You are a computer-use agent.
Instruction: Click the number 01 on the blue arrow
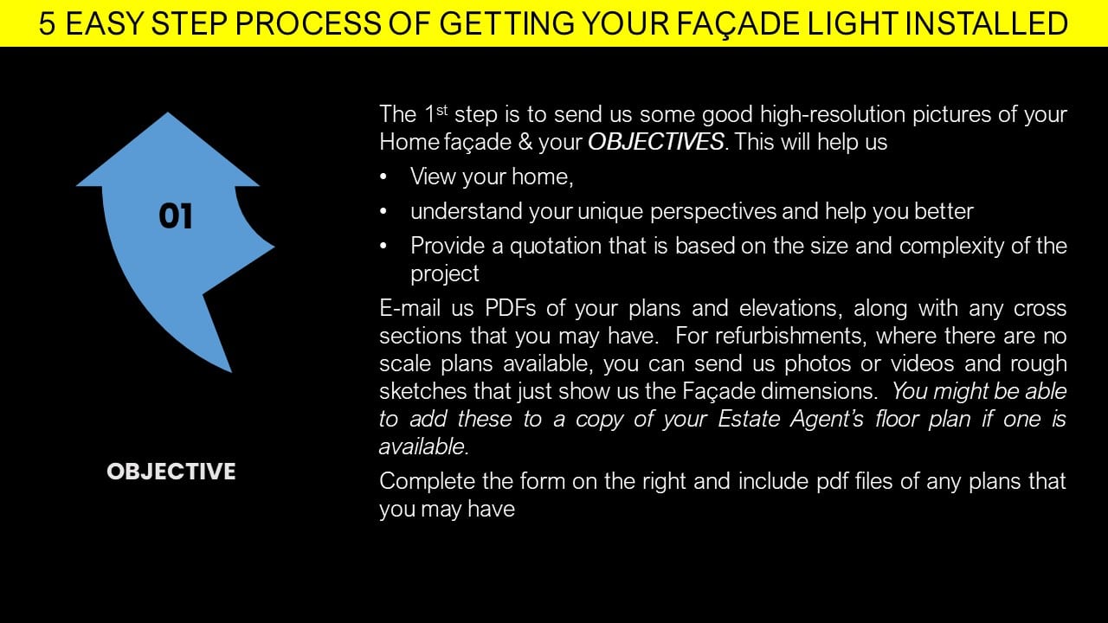[x=176, y=216]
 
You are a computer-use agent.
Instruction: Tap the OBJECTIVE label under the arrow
[x=171, y=472]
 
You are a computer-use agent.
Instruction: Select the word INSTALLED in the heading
[x=986, y=23]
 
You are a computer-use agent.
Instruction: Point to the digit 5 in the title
[x=47, y=23]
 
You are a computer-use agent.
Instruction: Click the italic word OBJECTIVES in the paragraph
[x=656, y=142]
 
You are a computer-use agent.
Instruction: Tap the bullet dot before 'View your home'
[x=383, y=177]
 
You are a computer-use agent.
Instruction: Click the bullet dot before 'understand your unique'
[x=383, y=211]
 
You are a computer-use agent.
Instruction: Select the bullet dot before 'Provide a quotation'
[x=383, y=246]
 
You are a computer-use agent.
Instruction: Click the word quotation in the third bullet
[x=556, y=247]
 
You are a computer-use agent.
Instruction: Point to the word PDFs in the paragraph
[x=511, y=308]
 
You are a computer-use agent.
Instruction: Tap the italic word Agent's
[x=827, y=420]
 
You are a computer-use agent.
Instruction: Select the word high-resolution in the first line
[x=833, y=115]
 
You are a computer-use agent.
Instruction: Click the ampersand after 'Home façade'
[x=525, y=143]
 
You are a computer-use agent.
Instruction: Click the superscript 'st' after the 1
[x=442, y=109]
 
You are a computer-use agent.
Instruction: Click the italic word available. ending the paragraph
[x=424, y=447]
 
